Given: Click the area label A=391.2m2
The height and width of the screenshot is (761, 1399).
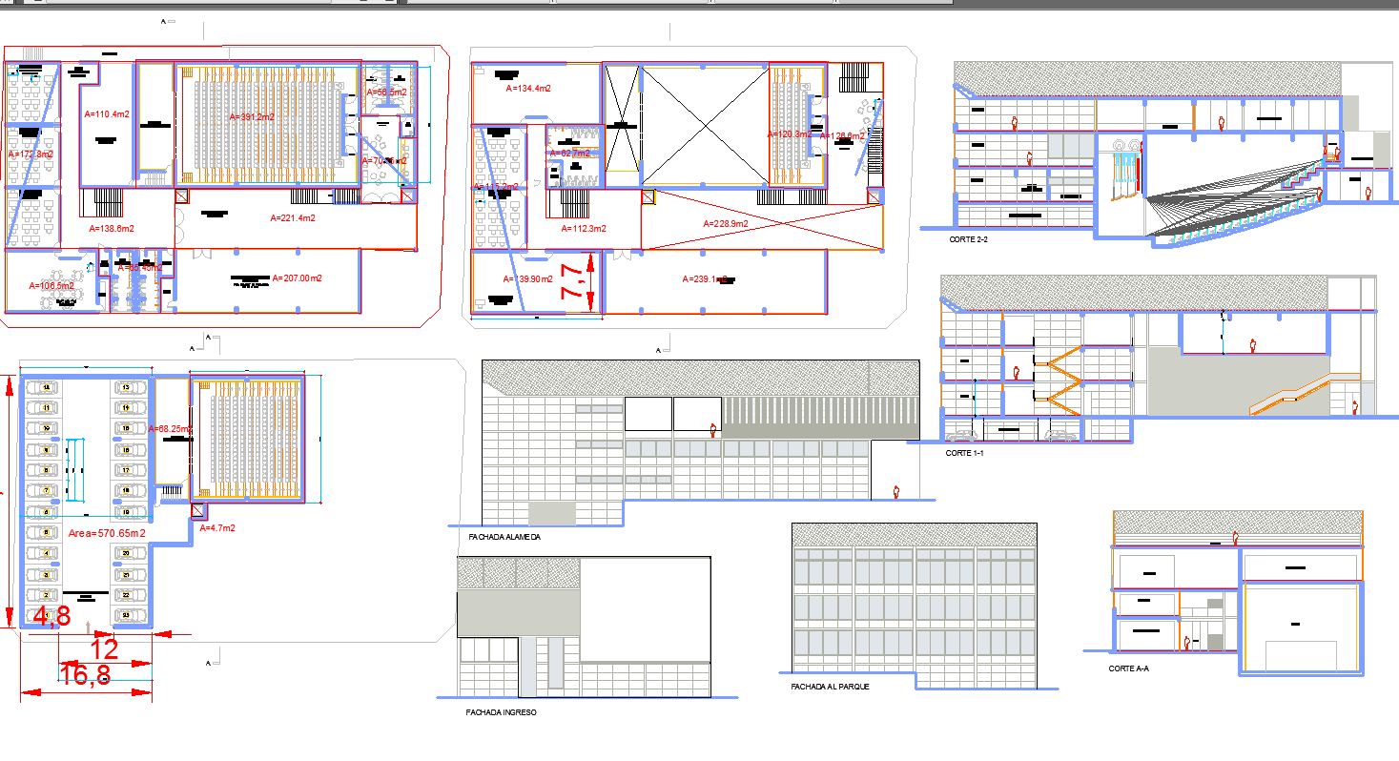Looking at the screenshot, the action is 252,116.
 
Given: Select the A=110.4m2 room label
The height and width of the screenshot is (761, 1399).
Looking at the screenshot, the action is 107,114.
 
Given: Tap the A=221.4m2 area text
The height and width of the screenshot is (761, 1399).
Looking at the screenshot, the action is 294,218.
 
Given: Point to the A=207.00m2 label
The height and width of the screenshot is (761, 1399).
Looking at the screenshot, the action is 297,278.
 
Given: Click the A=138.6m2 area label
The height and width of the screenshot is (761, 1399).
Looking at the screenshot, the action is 112,229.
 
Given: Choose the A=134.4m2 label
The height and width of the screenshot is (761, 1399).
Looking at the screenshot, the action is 528,89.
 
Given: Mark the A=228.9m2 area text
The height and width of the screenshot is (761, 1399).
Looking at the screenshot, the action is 726,224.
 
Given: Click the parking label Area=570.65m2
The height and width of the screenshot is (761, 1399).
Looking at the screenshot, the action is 107,533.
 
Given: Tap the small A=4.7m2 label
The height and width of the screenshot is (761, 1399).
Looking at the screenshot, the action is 216,527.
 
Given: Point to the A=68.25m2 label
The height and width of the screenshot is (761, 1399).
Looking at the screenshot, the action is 172,429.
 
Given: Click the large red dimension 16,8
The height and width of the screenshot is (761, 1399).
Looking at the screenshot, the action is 85,676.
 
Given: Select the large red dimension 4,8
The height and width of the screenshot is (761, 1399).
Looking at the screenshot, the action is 51,617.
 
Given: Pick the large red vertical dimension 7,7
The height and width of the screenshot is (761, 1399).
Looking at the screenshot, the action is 573,282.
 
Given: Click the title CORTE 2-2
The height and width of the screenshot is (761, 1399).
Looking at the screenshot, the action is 968,239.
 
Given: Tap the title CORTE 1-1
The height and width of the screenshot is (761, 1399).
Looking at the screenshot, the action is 964,453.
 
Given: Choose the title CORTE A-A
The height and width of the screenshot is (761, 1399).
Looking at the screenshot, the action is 1128,668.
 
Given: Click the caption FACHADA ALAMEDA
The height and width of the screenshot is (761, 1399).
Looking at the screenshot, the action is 504,538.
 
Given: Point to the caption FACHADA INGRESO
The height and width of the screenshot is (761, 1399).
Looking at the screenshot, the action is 501,712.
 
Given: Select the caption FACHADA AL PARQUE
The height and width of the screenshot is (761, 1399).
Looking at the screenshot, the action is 830,687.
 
